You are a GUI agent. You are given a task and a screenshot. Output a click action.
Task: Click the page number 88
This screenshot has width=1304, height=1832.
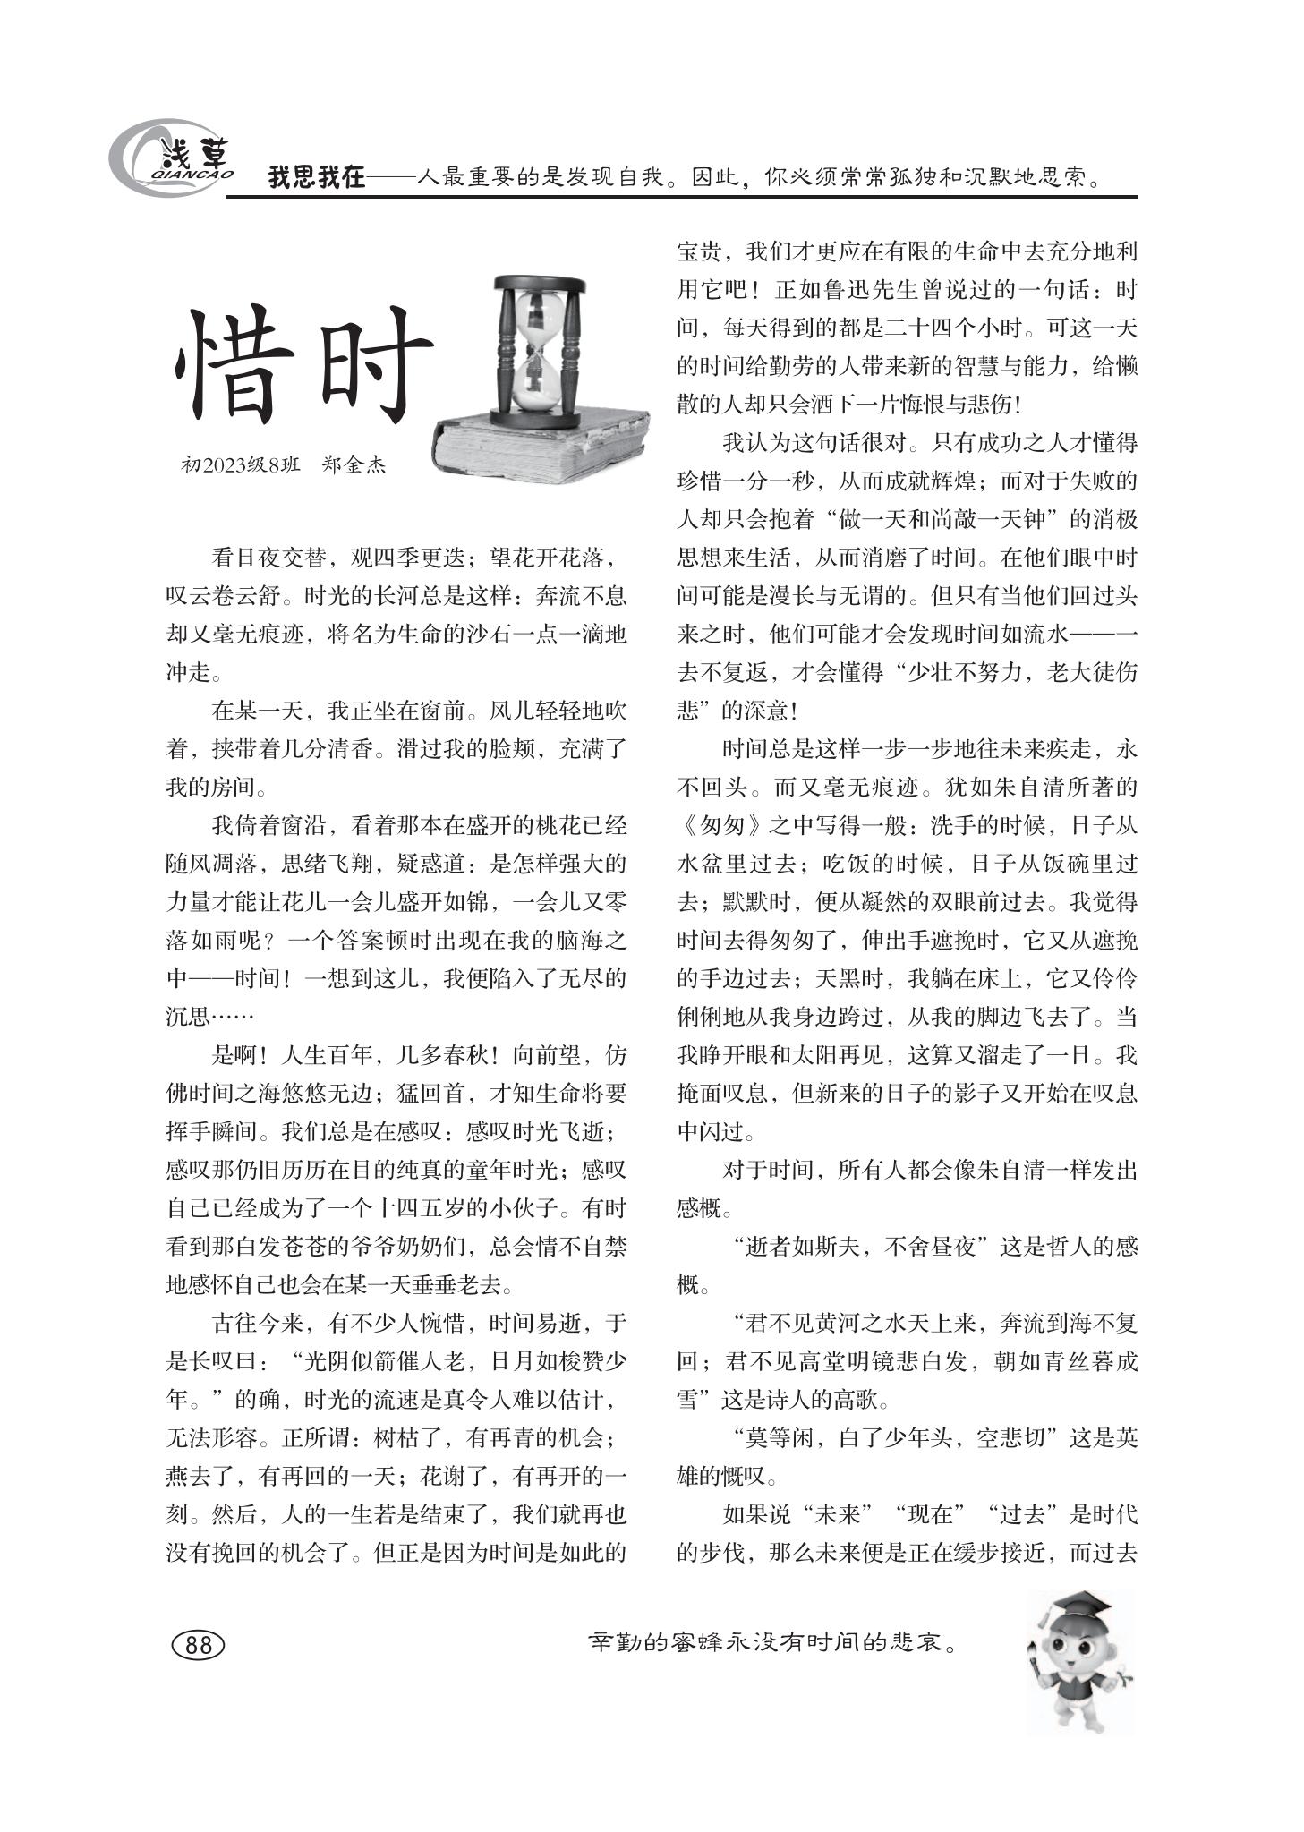[197, 1644]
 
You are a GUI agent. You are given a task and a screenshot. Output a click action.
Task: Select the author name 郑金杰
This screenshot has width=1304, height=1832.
[354, 465]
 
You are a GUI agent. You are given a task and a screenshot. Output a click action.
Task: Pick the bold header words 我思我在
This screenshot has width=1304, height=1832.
[317, 178]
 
